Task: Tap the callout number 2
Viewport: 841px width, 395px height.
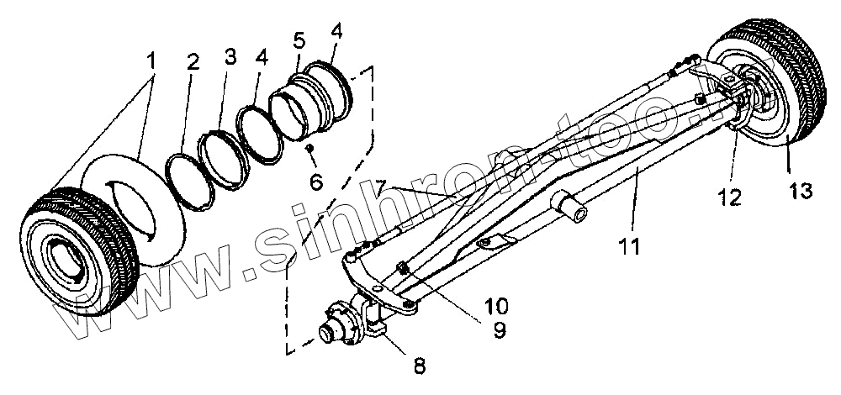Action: pyautogui.click(x=193, y=64)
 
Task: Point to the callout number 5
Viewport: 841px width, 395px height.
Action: pyautogui.click(x=297, y=41)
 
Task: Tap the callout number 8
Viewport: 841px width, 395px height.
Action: pyautogui.click(x=416, y=366)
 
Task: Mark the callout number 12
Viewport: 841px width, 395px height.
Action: pyautogui.click(x=731, y=197)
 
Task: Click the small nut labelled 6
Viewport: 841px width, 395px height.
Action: pyautogui.click(x=309, y=148)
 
